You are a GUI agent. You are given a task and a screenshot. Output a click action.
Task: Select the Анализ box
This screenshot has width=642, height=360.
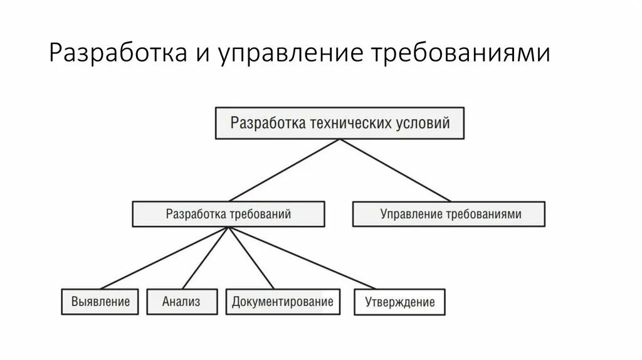point(182,302)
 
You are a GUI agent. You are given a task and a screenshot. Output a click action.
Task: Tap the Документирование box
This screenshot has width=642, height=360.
point(282,302)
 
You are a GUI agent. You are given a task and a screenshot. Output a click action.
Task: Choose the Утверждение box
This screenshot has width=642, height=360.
point(399,302)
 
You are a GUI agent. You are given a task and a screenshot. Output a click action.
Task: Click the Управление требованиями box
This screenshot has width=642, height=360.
point(449,214)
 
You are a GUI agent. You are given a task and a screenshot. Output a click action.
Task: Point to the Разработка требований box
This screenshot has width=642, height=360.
point(228,214)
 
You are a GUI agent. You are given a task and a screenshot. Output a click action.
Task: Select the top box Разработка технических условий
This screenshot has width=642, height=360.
point(340,123)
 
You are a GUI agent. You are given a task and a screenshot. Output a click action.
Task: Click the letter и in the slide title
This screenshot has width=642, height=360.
point(203,55)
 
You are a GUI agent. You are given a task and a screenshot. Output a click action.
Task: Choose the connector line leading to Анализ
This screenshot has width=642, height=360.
point(206,258)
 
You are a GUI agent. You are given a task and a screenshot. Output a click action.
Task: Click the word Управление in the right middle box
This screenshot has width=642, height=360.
point(411,214)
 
